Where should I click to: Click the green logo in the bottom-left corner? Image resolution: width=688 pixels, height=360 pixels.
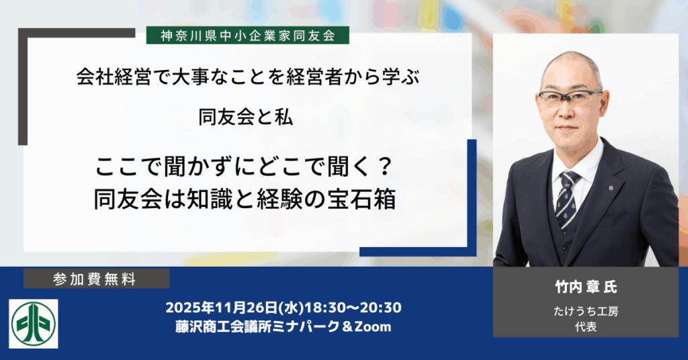34,324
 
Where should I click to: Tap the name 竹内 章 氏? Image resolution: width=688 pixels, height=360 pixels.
582,287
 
